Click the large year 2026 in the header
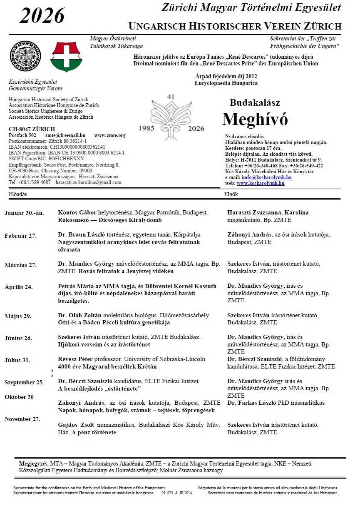42,16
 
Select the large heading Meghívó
255,120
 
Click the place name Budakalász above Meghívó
255,103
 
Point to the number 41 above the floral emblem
170,97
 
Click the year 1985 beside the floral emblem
146,129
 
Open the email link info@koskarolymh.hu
266,177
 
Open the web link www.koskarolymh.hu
261,183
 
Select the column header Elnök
231,194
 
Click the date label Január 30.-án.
24,213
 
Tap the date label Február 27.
20,236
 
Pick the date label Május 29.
18,316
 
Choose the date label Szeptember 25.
24,382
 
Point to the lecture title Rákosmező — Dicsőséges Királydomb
110,220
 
